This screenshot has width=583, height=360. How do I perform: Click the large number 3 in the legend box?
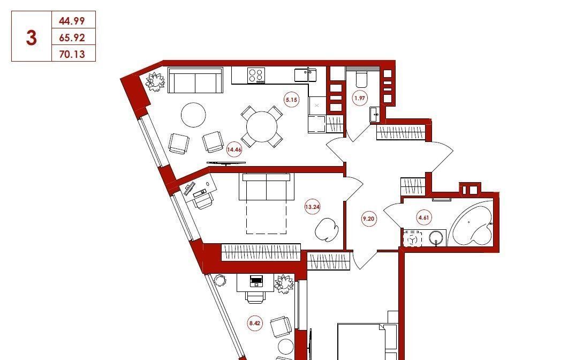[x=31, y=37]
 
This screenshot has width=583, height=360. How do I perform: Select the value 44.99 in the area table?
[x=72, y=21]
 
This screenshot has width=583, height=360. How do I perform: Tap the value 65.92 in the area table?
[x=72, y=37]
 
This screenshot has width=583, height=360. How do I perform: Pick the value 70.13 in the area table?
[x=72, y=54]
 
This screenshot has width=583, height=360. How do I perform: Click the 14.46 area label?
[x=234, y=150]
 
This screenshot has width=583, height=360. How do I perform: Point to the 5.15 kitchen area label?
[x=291, y=100]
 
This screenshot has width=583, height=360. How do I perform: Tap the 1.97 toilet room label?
[x=360, y=99]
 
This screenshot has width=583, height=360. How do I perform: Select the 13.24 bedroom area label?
[x=312, y=207]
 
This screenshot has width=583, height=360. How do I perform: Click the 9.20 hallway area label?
[x=368, y=219]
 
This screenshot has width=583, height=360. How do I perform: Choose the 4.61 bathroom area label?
[x=424, y=217]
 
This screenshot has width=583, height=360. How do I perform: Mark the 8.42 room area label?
[x=255, y=323]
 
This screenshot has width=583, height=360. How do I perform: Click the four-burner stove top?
[x=256, y=75]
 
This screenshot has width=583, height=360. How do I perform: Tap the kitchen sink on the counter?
[x=306, y=75]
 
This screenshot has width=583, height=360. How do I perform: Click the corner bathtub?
[x=471, y=223]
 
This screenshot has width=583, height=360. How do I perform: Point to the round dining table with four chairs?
[x=262, y=126]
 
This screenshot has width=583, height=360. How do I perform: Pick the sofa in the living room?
[x=195, y=80]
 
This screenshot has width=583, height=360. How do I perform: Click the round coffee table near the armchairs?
[x=193, y=115]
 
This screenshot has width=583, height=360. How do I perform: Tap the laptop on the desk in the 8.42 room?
[x=256, y=281]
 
